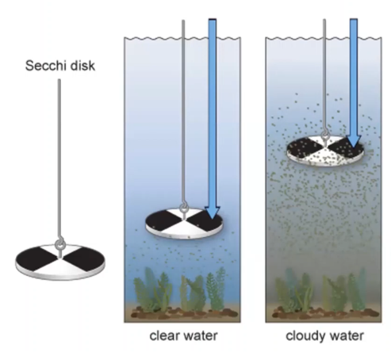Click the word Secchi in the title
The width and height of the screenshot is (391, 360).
coord(45,66)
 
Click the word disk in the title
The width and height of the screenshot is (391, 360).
coord(82,66)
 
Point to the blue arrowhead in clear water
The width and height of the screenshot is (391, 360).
coord(213,213)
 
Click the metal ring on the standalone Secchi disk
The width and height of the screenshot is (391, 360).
coord(60,243)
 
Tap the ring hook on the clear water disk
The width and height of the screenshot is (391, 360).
coord(183,207)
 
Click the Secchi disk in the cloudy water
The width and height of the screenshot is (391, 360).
coord(325,151)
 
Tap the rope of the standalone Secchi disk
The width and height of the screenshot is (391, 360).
coord(59,160)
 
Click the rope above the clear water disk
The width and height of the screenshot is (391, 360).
coord(183,113)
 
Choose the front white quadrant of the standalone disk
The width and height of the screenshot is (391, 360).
coord(59,266)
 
